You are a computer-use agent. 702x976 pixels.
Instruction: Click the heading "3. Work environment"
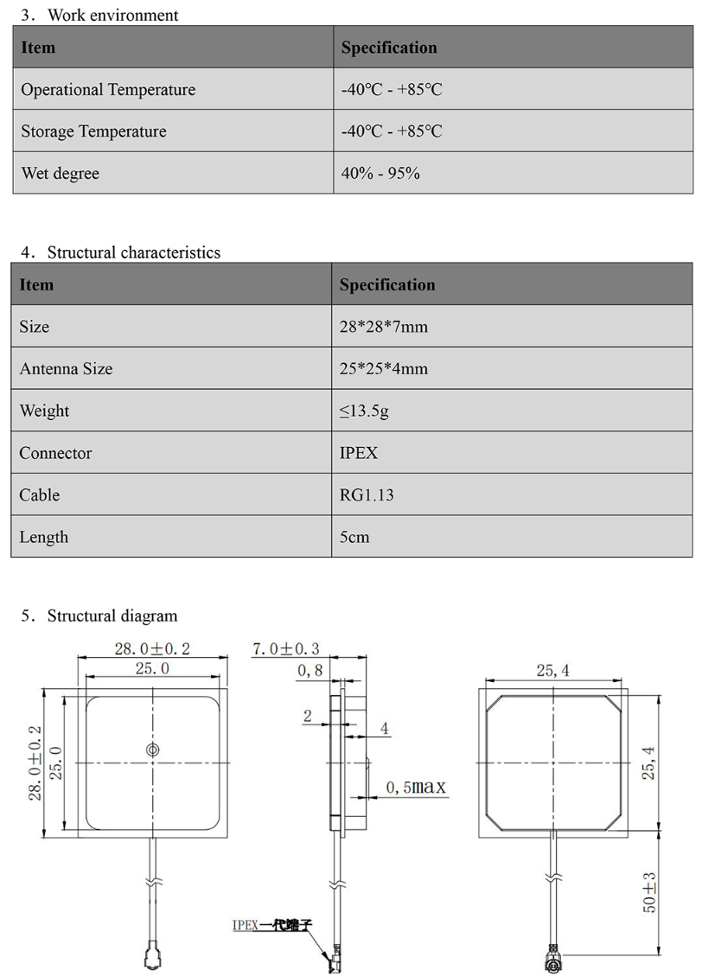99,15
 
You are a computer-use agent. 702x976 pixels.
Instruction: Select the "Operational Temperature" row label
108,90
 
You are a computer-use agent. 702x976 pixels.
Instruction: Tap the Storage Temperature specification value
392,131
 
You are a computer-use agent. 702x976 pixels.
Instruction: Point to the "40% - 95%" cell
380,174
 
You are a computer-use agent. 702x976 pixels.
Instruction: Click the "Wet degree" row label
60,174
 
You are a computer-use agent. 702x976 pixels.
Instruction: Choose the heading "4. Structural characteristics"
120,252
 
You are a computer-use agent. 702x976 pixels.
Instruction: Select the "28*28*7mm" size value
384,327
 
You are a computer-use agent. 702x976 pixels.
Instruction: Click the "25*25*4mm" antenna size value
384,369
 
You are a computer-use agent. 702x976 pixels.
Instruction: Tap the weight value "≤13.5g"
364,411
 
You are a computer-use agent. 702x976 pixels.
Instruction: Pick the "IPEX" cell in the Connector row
359,453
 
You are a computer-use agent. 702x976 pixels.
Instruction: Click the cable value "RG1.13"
367,495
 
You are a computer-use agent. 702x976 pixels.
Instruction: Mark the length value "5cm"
354,537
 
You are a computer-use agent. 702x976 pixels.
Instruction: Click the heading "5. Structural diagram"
99,616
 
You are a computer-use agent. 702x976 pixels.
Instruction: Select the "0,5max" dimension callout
416,788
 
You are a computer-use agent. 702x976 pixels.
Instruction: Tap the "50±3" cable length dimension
649,892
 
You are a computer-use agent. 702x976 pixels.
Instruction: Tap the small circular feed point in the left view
152,750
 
